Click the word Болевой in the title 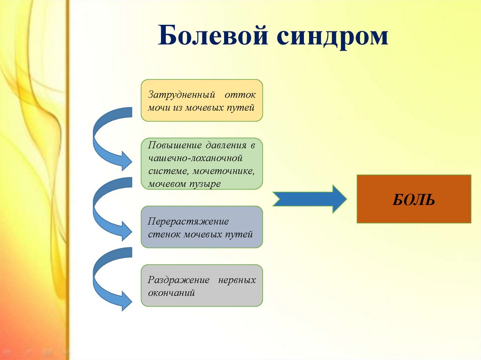coord(213,35)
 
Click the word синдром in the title coord(332,38)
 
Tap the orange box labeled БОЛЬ coord(414,199)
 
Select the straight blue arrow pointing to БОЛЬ coord(310,199)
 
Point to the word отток coord(240,95)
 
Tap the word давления coord(226,145)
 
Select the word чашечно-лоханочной coord(195,158)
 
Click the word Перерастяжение coord(188,222)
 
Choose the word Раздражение coord(178,280)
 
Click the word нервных coord(237,280)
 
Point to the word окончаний coord(171,293)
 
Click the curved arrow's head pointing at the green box coord(126,161)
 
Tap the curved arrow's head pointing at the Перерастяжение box coord(126,231)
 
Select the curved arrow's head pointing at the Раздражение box coord(126,301)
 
